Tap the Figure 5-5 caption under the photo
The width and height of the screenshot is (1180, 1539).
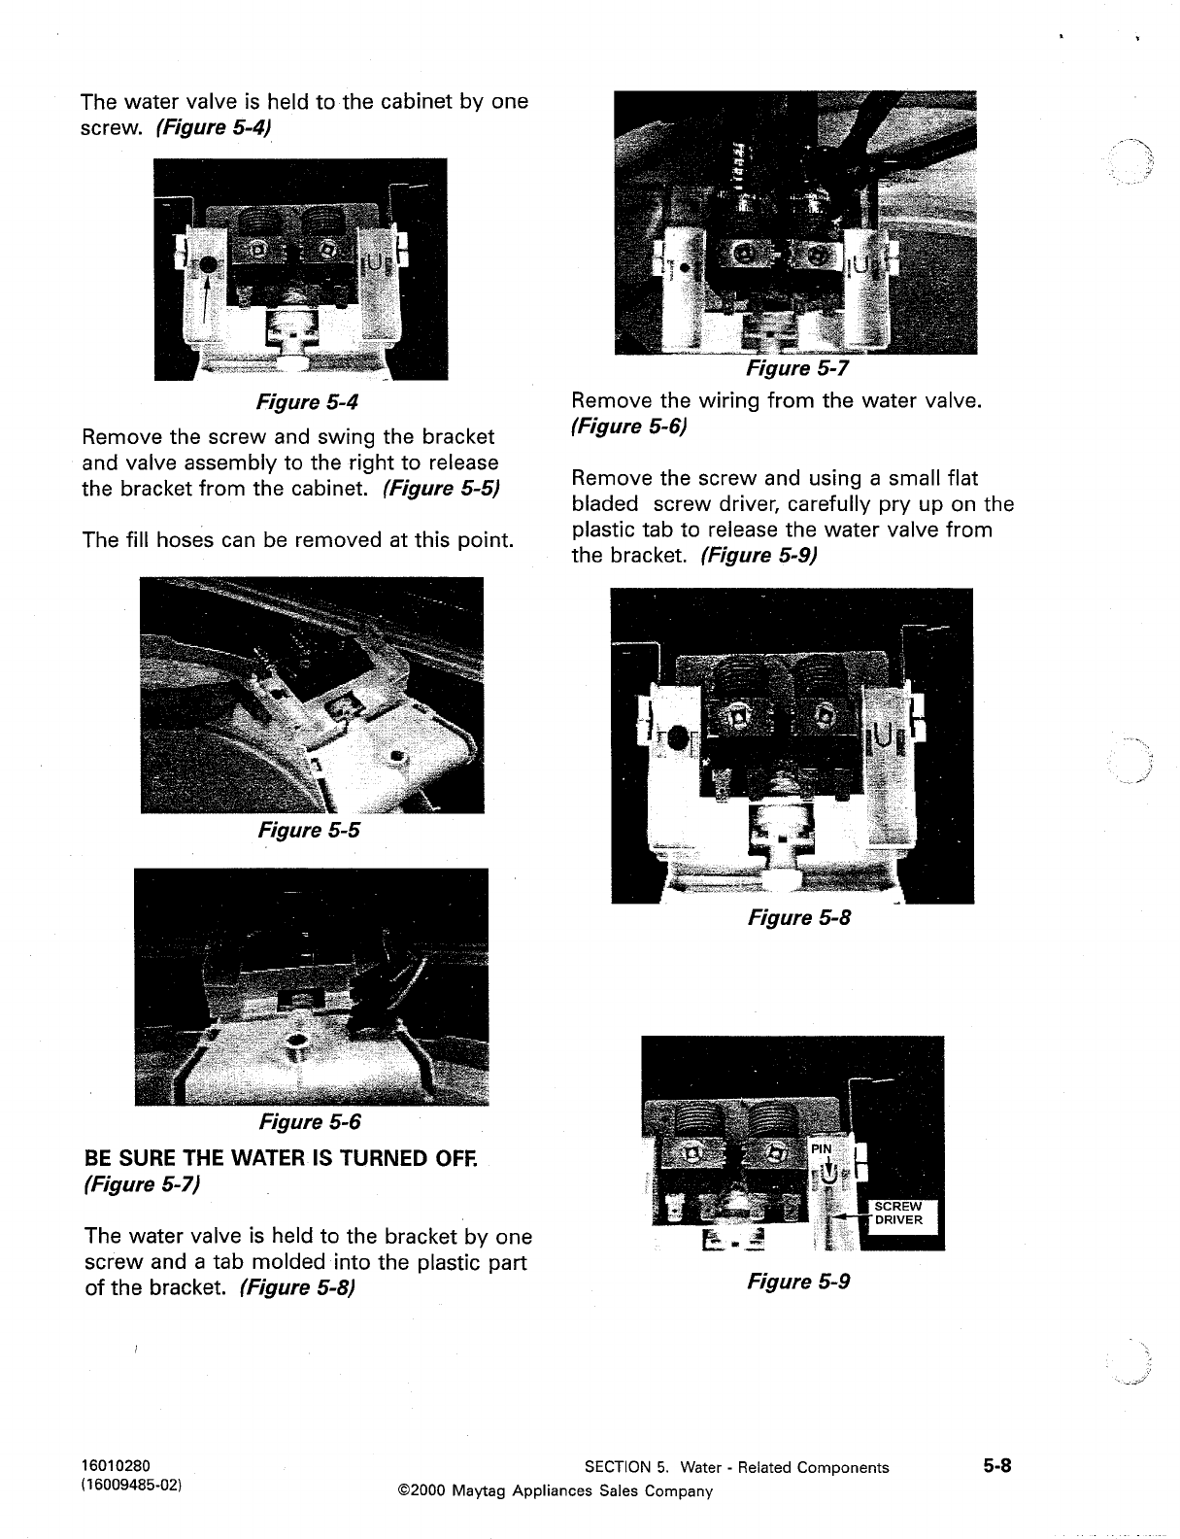(308, 830)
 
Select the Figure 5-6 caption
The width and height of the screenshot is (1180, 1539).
(309, 1122)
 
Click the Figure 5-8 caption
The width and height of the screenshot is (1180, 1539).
(798, 917)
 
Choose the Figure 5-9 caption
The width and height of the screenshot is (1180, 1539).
(798, 1282)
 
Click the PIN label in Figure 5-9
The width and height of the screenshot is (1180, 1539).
(822, 1149)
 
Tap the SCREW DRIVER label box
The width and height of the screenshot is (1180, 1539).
(899, 1214)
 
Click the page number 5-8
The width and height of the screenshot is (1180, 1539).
(995, 1467)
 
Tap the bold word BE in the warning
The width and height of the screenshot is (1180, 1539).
(98, 1158)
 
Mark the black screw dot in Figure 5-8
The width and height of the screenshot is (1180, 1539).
(678, 739)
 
